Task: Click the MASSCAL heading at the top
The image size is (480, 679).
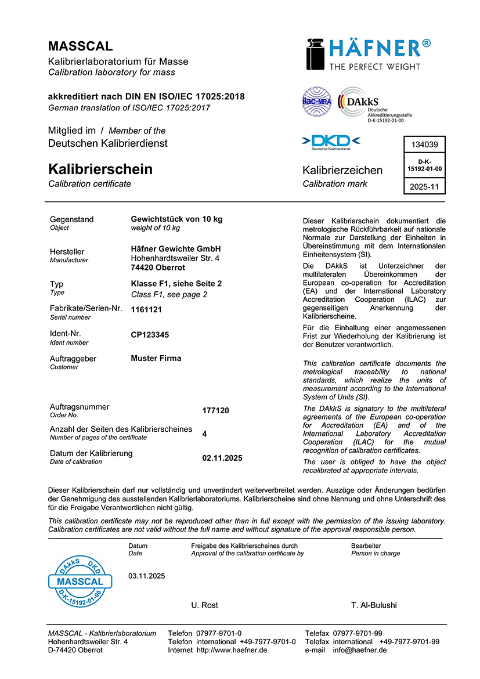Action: click(81, 46)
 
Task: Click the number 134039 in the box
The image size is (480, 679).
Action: click(424, 145)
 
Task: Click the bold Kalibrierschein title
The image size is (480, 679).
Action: click(100, 169)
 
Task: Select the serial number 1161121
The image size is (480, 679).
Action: click(146, 309)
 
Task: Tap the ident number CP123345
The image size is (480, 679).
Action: click(150, 335)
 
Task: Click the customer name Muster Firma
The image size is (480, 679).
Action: click(156, 358)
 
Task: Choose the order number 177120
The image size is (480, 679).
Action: click(215, 410)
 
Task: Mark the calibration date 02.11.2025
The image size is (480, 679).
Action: click(222, 458)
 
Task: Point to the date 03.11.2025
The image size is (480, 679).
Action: click(147, 576)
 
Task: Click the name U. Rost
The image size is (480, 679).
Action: click(205, 605)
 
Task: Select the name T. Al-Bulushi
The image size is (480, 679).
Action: click(374, 605)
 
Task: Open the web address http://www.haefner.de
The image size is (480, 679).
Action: click(232, 650)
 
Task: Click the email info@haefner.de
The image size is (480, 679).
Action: click(358, 650)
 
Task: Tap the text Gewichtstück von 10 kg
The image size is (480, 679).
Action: click(176, 219)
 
